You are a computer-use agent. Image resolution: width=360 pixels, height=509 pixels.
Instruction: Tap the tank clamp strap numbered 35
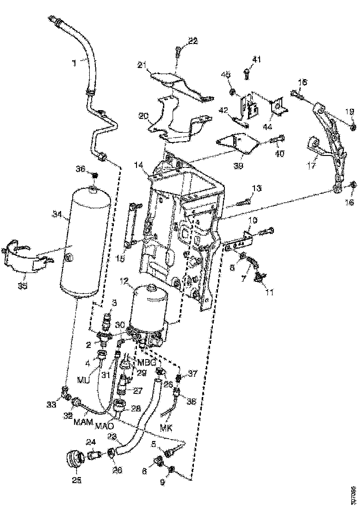coord(28,261)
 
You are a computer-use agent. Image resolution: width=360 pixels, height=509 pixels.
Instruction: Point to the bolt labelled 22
coord(180,52)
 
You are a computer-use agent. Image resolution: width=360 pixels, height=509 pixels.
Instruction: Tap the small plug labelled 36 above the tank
coord(95,175)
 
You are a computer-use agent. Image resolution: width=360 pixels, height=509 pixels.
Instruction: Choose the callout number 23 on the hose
coord(112,436)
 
